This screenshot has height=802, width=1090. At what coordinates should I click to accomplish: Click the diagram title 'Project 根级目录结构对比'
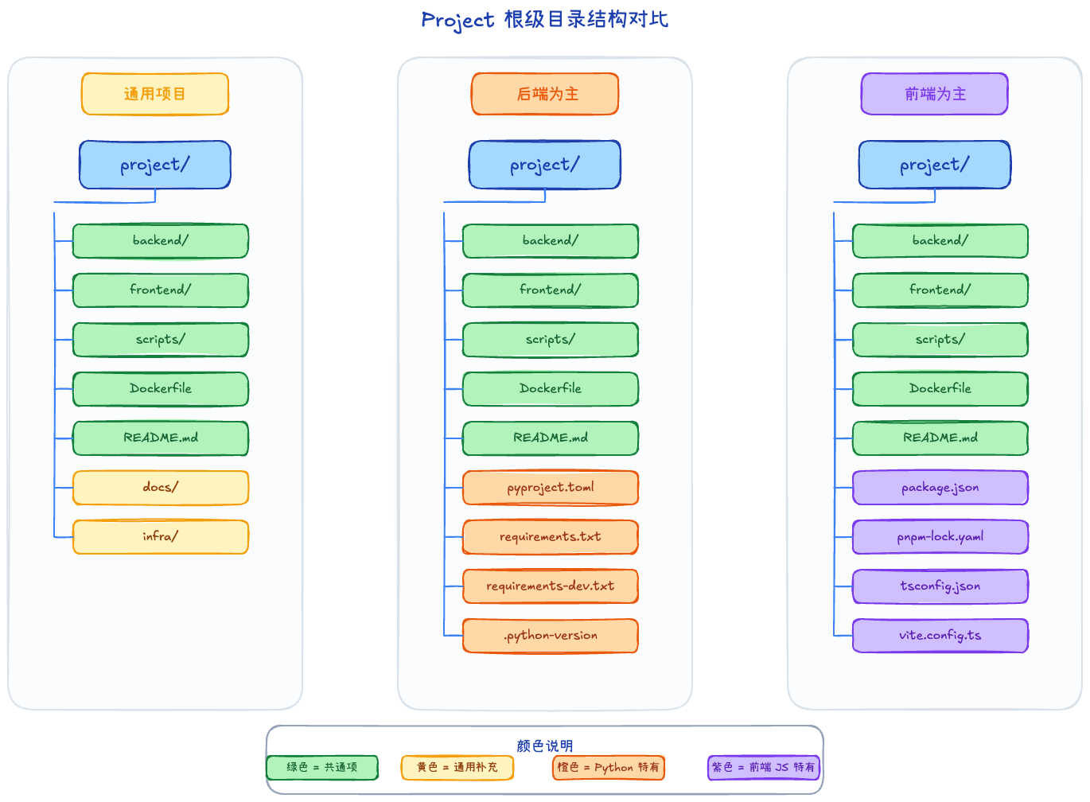[x=544, y=19]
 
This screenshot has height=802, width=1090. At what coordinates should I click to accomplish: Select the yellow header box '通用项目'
[x=155, y=94]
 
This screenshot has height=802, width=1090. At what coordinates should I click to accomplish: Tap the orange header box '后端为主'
[x=545, y=94]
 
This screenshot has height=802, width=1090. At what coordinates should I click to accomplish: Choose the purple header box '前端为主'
[x=935, y=94]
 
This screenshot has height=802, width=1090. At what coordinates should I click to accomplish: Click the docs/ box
[x=161, y=488]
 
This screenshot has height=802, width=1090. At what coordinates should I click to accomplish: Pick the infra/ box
[x=161, y=537]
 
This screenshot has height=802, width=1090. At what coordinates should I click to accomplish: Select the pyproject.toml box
[x=551, y=488]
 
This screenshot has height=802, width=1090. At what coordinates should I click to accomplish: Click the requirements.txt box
[x=551, y=537]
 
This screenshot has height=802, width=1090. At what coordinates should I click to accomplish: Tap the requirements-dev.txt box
[x=551, y=586]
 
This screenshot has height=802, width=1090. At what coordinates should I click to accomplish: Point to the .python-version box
[x=551, y=636]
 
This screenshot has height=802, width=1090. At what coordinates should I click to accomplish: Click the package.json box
[x=940, y=488]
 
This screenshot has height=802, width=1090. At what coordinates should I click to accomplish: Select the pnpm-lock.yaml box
[x=940, y=537]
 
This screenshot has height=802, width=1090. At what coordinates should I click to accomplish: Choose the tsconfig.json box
[x=940, y=586]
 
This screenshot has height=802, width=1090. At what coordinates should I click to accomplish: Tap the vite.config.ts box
[x=940, y=636]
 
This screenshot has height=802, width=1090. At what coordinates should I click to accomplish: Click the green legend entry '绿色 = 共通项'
[x=322, y=768]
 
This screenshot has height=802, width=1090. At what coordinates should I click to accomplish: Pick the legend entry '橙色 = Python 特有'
[x=609, y=768]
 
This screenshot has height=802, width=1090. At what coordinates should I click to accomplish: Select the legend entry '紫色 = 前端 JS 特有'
[x=764, y=768]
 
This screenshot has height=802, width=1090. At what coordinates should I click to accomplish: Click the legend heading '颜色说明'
[x=544, y=746]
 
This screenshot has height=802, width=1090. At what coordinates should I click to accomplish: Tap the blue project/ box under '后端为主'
[x=545, y=165]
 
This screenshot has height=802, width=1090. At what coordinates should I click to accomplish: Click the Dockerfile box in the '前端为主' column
[x=940, y=389]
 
